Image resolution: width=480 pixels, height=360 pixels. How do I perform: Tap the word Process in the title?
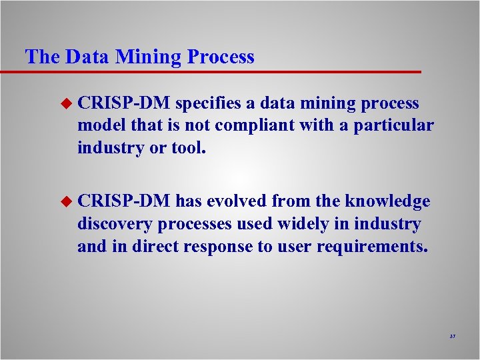click(x=220, y=57)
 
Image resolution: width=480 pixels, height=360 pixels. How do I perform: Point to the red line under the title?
click(x=213, y=71)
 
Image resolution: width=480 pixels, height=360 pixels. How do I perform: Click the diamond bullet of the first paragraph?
click(x=65, y=104)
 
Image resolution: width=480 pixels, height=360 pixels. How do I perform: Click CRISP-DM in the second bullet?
click(x=124, y=201)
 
